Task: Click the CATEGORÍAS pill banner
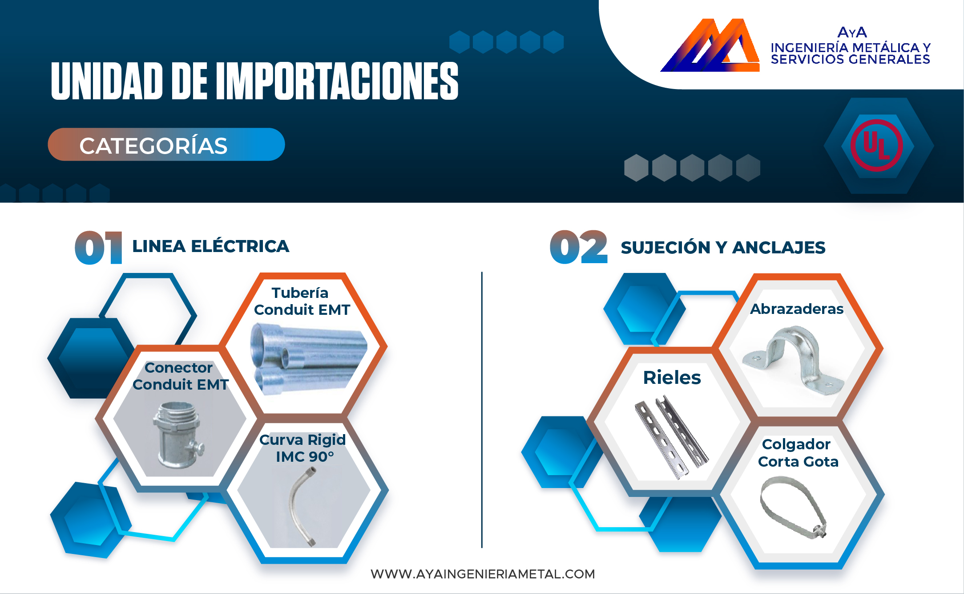click(x=166, y=145)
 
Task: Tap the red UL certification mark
click(x=876, y=145)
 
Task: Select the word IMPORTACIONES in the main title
click(x=337, y=81)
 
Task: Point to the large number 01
click(x=98, y=248)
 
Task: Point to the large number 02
click(x=578, y=247)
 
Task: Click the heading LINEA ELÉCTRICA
click(x=211, y=246)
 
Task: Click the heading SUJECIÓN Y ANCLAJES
click(x=723, y=248)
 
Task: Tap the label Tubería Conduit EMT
click(x=302, y=301)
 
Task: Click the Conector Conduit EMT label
click(x=180, y=376)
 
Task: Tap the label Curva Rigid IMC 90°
click(x=303, y=448)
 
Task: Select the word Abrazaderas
click(x=797, y=309)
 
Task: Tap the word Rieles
click(x=672, y=378)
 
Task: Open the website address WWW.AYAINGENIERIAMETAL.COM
click(x=483, y=574)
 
